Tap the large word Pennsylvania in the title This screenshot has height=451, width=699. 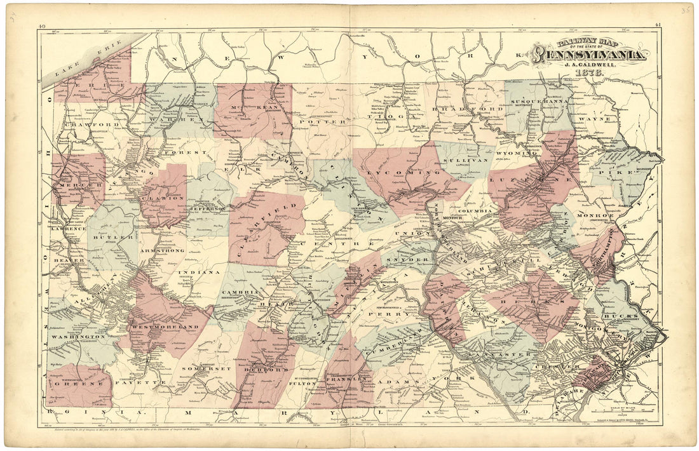(590, 53)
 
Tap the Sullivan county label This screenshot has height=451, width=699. (470, 161)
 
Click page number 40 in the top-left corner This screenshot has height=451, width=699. (42, 26)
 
